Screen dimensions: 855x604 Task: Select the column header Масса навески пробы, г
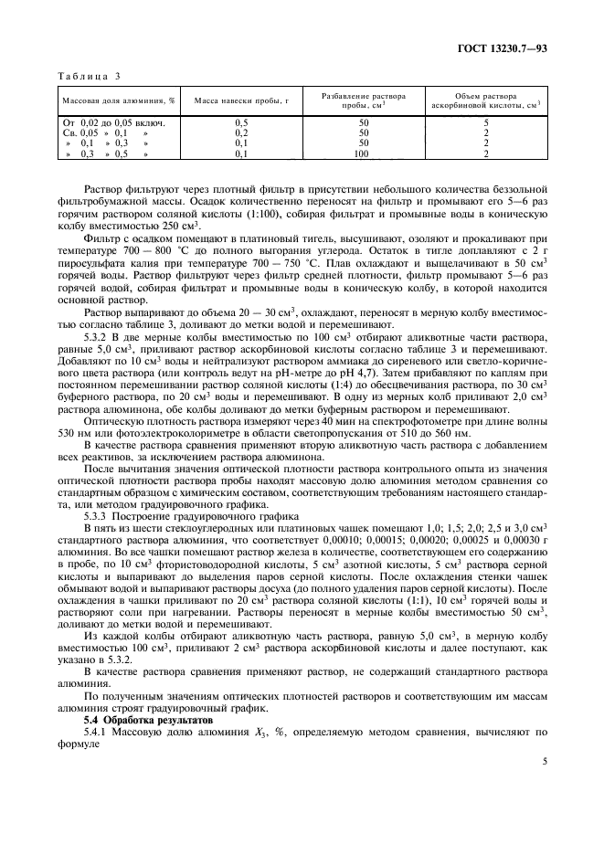tap(241, 100)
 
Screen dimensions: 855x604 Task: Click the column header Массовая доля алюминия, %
tap(118, 100)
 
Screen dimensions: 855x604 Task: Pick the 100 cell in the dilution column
tap(363, 154)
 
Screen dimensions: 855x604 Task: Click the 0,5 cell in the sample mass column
tap(241, 121)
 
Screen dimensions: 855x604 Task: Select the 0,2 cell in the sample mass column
tap(241, 132)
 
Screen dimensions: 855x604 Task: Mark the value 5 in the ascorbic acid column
tap(486, 121)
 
